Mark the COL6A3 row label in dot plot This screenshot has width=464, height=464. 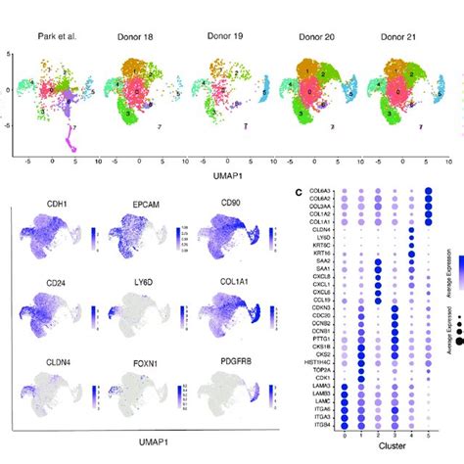coord(315,192)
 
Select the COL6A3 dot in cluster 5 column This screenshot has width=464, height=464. coord(431,192)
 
